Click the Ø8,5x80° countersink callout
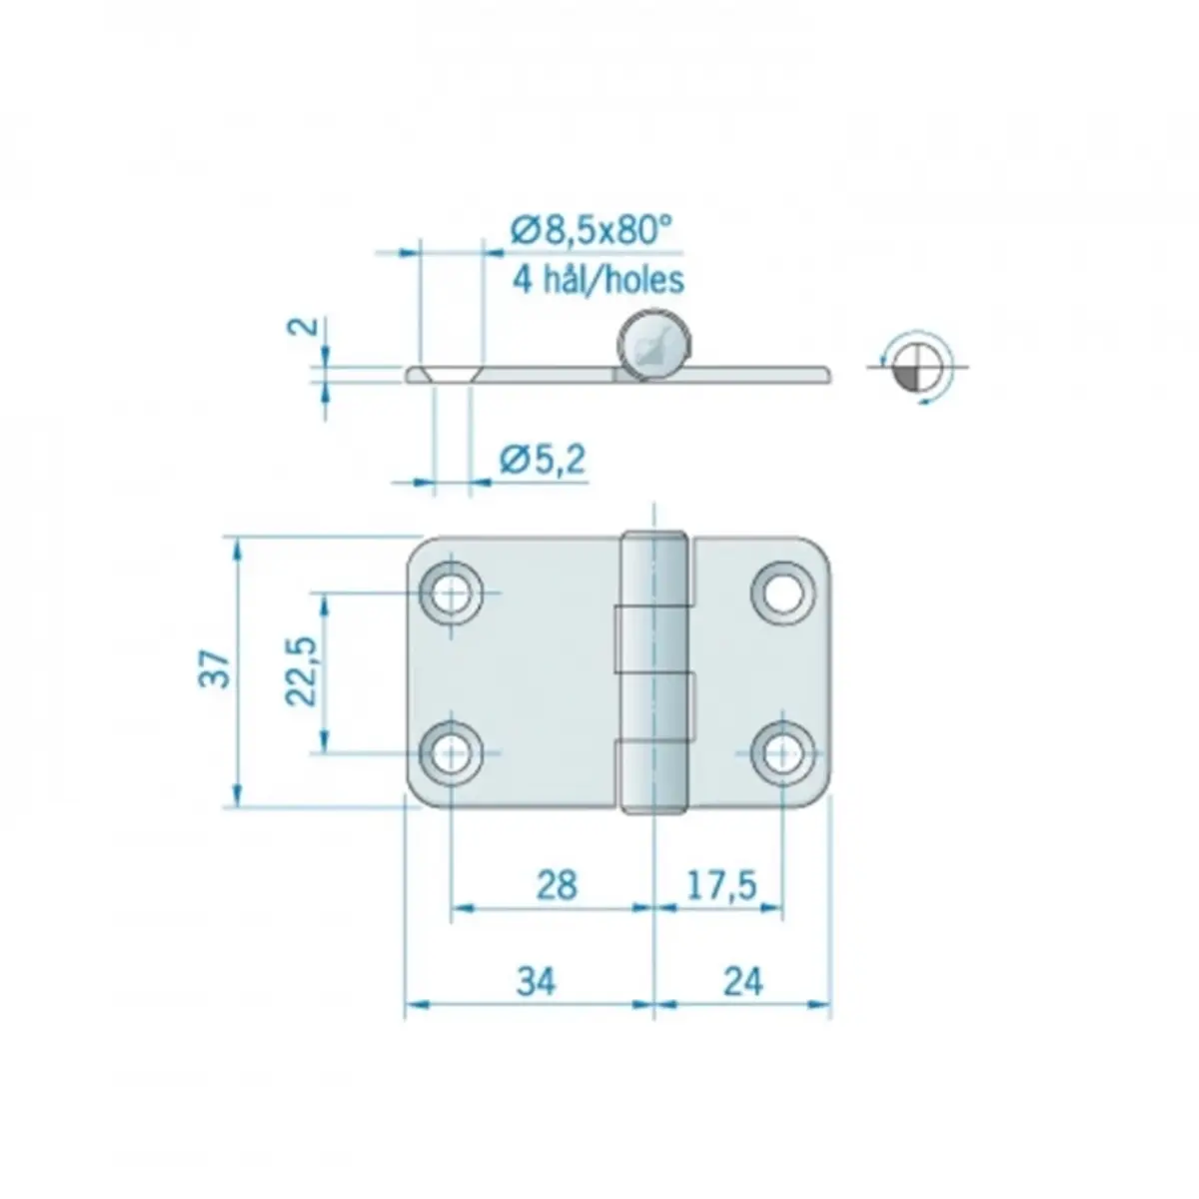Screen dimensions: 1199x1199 point(592,231)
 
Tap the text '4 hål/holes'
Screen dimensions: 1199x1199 point(598,280)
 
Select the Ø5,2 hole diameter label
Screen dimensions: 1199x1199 point(543,460)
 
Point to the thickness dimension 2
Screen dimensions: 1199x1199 point(304,326)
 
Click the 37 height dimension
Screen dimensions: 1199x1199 point(215,668)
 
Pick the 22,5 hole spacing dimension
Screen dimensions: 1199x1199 point(302,670)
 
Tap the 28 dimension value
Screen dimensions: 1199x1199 point(557,886)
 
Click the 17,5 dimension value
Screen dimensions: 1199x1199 point(721,886)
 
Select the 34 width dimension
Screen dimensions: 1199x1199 point(536,983)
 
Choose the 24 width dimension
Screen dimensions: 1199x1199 point(743,983)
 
